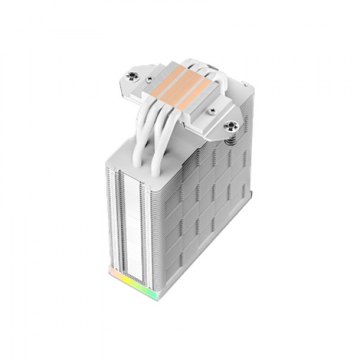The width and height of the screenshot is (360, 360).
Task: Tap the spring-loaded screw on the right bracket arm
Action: click(230, 126)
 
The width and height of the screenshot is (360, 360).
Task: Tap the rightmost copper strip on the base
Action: click(194, 91)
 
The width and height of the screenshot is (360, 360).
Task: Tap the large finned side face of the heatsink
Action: click(203, 190)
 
